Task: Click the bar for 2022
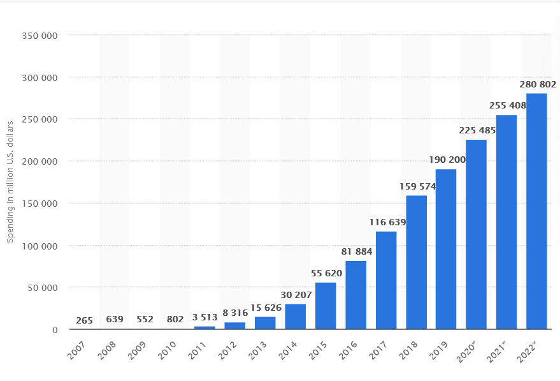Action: coord(536,211)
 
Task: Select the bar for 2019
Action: coord(446,249)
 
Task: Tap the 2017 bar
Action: coord(386,280)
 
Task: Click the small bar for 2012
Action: coord(234,325)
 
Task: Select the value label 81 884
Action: coord(356,251)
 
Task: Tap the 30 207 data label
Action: coord(296,295)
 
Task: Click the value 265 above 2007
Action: coord(84,320)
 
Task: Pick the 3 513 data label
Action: coord(205,317)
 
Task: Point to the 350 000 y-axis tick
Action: coord(40,36)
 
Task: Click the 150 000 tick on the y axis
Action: coord(40,204)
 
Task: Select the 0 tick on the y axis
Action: coord(55,330)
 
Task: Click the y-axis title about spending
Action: coord(10,181)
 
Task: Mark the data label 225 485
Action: coord(477,131)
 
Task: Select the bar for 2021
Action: coord(506,222)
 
